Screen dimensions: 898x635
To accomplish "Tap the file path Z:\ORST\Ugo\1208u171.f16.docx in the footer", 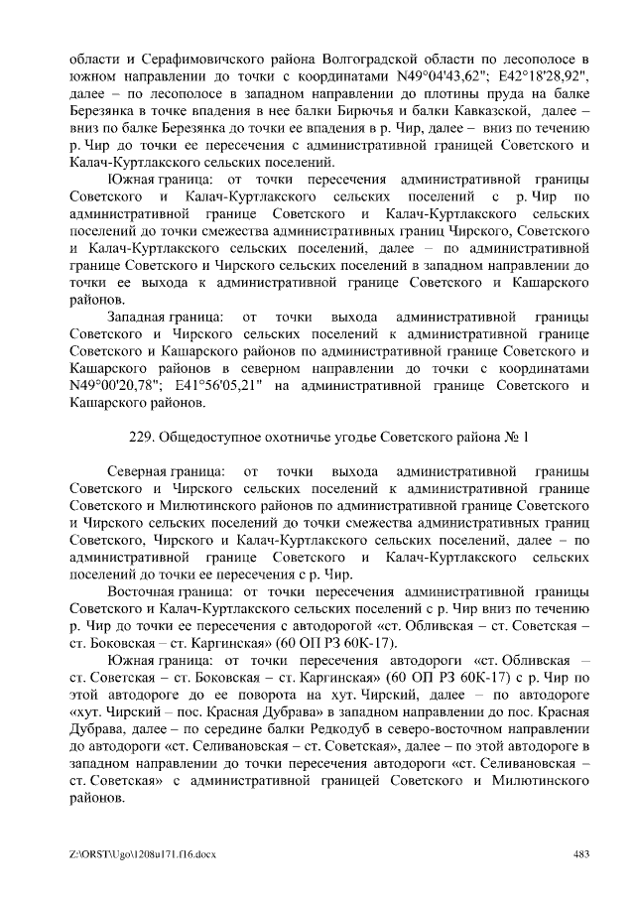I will (x=138, y=856).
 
